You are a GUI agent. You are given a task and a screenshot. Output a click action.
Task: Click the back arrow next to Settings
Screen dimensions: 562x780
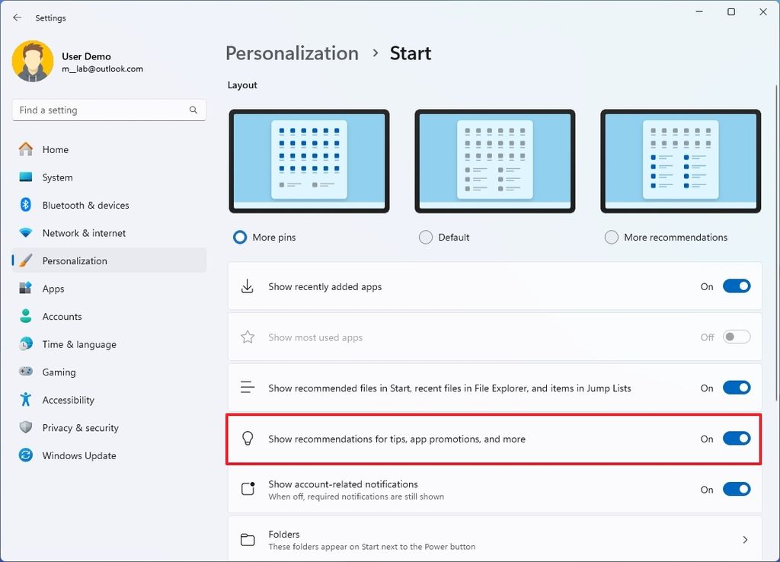tap(18, 18)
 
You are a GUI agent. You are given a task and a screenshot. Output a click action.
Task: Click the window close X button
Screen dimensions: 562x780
tap(762, 12)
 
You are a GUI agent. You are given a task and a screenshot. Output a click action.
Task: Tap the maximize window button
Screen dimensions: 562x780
tap(731, 12)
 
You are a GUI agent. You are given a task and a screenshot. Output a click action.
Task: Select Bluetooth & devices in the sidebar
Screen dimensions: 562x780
tap(85, 206)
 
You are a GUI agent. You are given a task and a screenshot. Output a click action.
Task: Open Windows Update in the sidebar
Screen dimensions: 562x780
tap(79, 456)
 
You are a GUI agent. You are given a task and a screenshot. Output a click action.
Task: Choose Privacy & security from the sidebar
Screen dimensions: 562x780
tap(80, 428)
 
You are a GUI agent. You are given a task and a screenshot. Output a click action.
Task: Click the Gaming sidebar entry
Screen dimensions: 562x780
tap(59, 372)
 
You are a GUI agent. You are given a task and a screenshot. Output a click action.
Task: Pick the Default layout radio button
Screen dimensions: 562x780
tap(426, 238)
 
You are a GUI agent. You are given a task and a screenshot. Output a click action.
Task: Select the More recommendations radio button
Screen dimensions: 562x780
tap(611, 238)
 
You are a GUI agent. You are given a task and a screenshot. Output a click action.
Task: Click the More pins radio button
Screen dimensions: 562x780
tap(240, 238)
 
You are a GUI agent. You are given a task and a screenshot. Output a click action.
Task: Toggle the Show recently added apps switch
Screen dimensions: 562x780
tap(736, 287)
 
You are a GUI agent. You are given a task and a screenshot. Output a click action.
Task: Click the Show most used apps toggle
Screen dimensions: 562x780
tap(736, 337)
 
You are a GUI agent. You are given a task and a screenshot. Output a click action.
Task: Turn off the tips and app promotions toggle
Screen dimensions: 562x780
tap(736, 439)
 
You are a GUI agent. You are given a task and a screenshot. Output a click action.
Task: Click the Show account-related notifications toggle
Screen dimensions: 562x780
tap(736, 490)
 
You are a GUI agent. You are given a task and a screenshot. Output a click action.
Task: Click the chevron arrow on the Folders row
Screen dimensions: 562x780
tap(745, 540)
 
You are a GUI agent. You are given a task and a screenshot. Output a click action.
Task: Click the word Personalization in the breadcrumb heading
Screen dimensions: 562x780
tap(292, 53)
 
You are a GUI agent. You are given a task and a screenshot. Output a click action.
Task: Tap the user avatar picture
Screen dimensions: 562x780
tap(33, 62)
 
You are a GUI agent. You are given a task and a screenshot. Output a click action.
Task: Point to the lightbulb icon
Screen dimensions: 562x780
tap(247, 439)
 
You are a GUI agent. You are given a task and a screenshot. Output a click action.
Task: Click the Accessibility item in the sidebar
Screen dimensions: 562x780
tap(68, 401)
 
